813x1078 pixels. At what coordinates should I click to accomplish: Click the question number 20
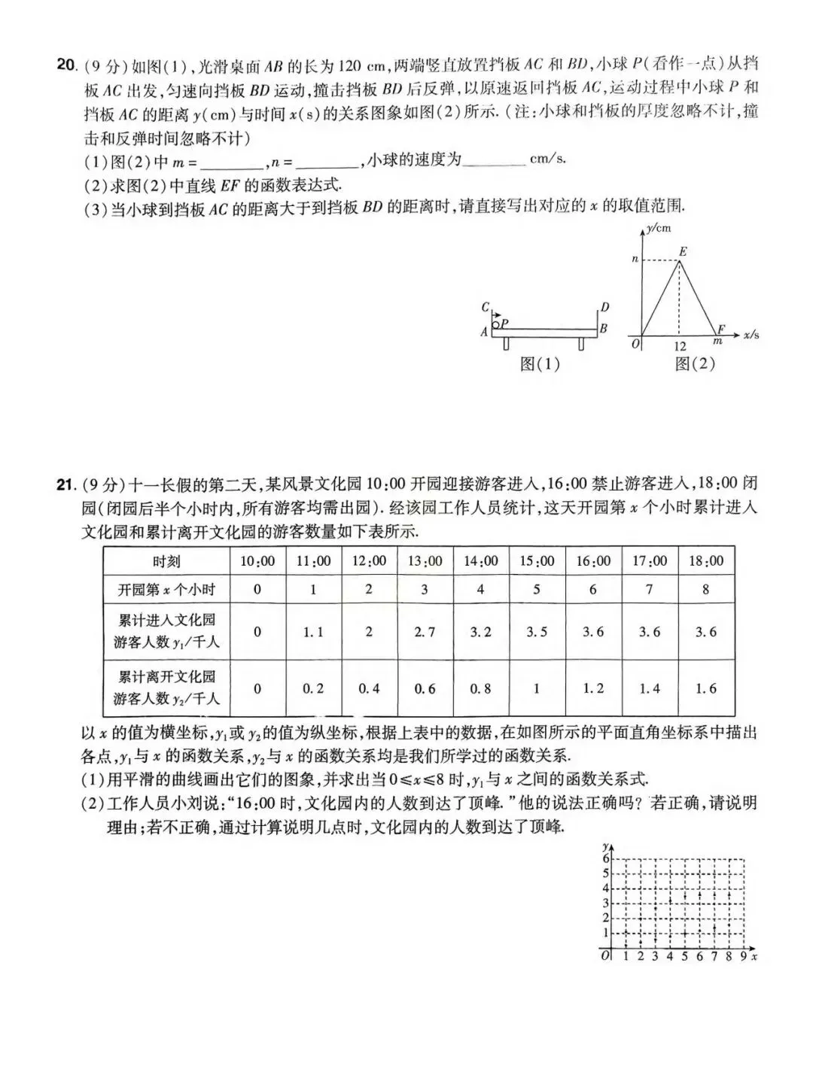click(x=66, y=65)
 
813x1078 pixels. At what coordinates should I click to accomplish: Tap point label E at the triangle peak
click(x=683, y=251)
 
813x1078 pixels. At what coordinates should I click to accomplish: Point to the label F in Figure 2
click(x=721, y=329)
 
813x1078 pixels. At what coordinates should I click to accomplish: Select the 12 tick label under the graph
click(x=680, y=347)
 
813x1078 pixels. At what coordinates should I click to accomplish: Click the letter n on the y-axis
click(x=635, y=260)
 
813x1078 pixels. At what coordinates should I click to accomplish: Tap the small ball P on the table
click(x=496, y=323)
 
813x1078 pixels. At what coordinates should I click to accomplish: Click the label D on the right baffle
click(x=604, y=307)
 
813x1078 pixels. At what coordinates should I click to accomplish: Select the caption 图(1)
click(x=540, y=364)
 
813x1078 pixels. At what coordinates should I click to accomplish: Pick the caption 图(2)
click(x=694, y=364)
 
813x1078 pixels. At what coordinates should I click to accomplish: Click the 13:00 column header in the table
click(x=425, y=561)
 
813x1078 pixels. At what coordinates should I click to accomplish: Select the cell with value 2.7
click(x=425, y=632)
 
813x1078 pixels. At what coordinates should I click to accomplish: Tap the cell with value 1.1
click(x=313, y=632)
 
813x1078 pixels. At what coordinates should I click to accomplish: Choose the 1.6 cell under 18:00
click(x=705, y=688)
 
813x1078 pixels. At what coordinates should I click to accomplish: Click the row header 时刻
click(x=166, y=561)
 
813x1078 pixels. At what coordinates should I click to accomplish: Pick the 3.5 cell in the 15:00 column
click(x=537, y=632)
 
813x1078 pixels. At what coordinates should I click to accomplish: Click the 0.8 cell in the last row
click(x=480, y=688)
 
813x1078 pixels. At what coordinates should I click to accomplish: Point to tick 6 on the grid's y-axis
click(x=605, y=858)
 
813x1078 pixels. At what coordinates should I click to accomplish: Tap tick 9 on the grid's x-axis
click(x=743, y=957)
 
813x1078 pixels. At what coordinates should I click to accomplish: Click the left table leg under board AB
click(x=507, y=343)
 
